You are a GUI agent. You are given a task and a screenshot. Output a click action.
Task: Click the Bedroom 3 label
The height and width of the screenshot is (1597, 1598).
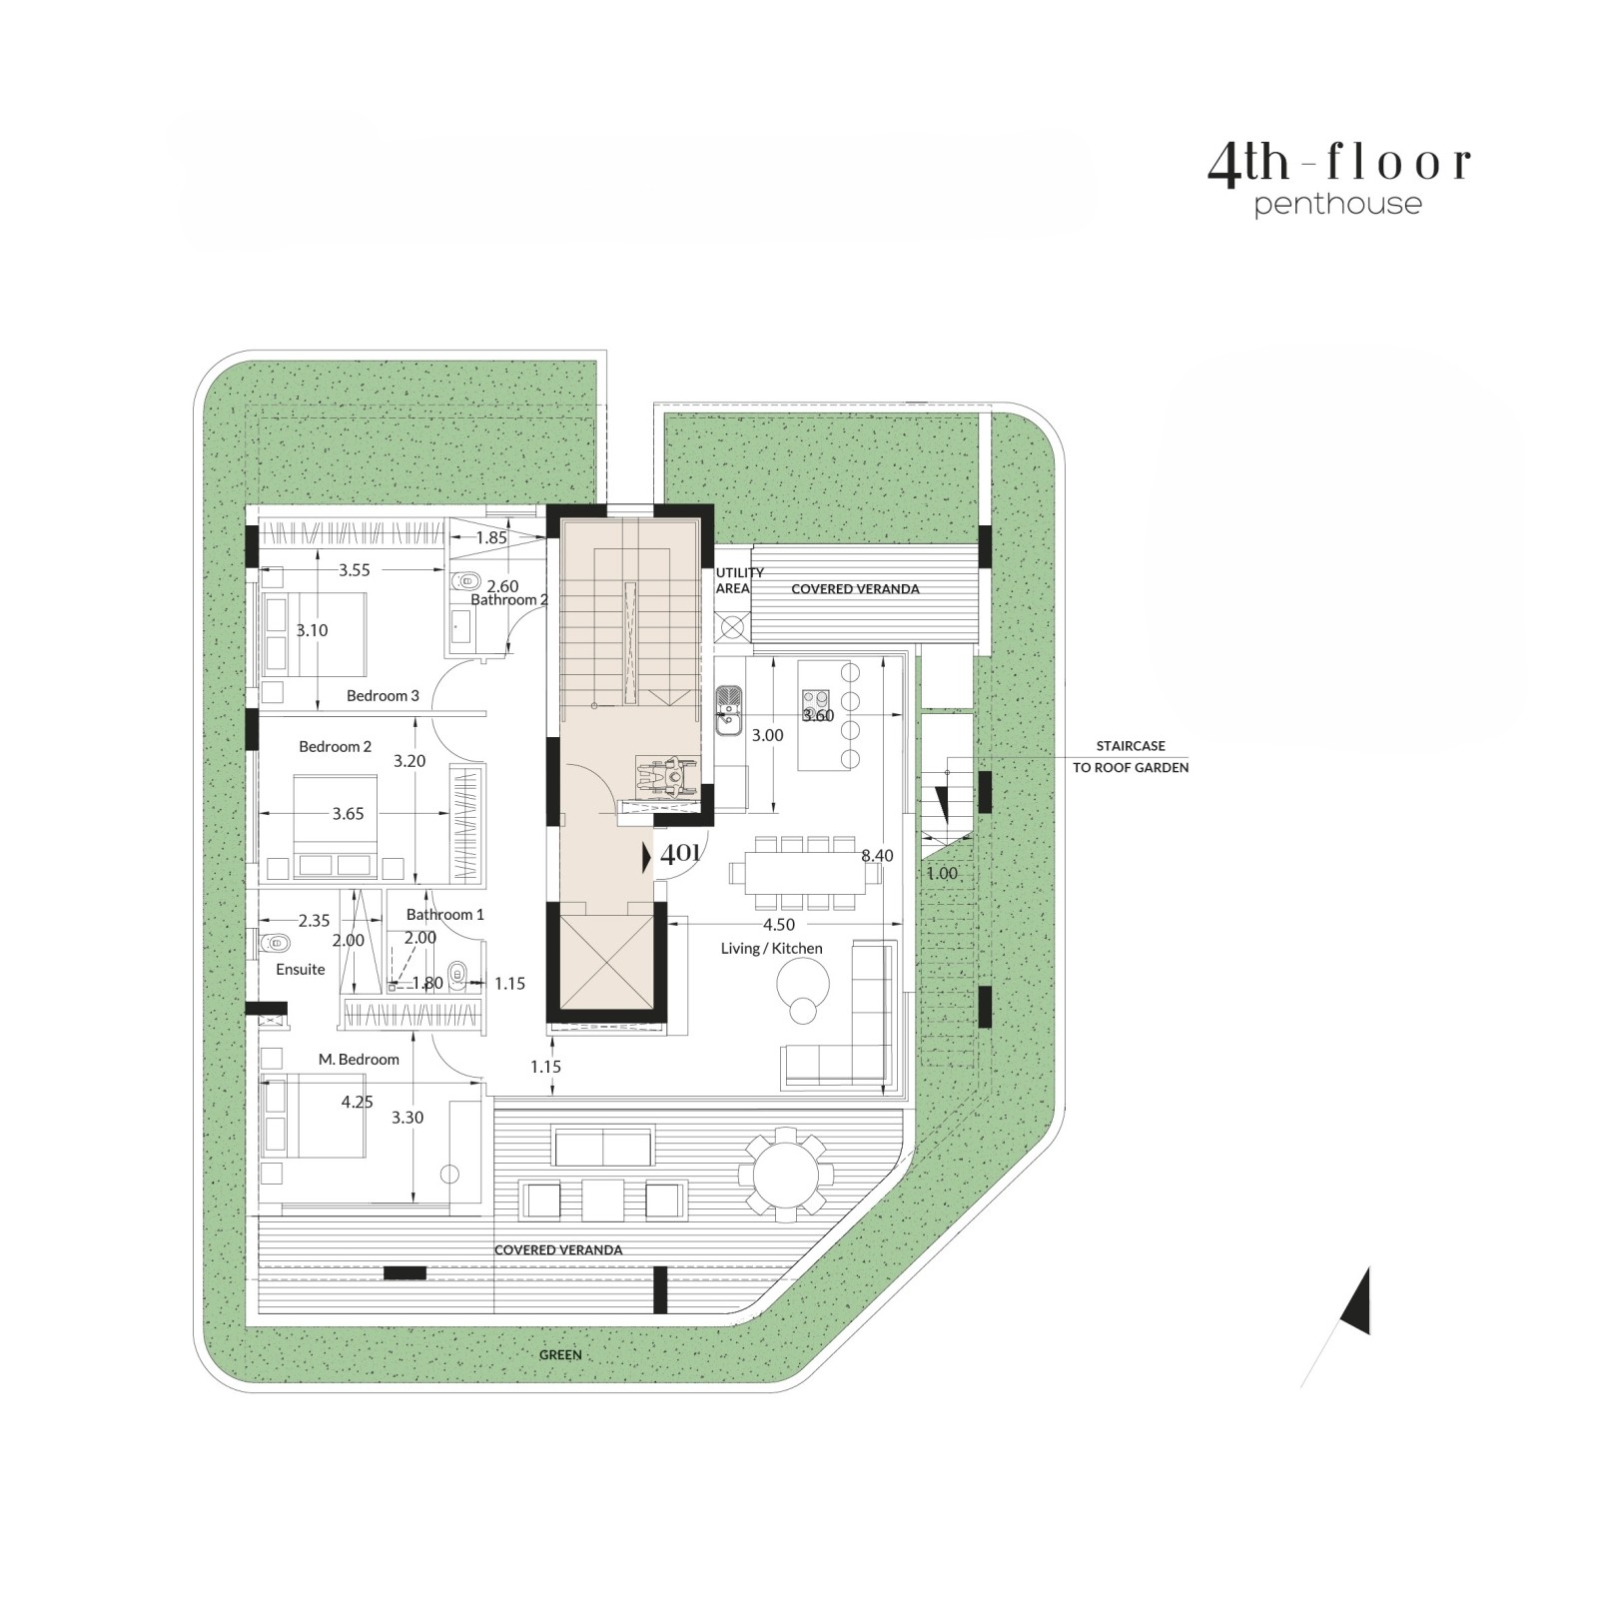point(383,695)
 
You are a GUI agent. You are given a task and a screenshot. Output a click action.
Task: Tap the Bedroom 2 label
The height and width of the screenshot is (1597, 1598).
point(335,746)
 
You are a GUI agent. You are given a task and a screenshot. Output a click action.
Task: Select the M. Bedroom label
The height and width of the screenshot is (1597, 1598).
point(359,1059)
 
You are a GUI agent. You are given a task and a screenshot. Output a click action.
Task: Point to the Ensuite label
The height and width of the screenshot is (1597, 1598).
point(301,969)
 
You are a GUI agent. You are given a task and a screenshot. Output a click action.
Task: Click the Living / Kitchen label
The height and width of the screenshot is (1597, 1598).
point(772,948)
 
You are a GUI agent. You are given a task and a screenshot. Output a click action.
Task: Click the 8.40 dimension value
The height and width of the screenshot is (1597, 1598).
point(877,855)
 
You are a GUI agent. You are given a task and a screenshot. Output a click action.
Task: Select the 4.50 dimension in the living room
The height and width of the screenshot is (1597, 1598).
point(779,925)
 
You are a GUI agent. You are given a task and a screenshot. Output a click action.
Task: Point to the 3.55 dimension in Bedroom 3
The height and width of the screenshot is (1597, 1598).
point(355,570)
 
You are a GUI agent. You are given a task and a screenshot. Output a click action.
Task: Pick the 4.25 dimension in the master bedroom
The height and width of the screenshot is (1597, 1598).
point(358,1102)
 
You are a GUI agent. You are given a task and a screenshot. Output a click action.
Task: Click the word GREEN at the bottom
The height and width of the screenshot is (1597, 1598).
point(560,1355)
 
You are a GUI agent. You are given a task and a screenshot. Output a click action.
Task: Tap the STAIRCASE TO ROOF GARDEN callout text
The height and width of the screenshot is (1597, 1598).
point(1131,757)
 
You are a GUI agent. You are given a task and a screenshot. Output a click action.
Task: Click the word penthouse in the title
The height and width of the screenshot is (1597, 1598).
point(1337,205)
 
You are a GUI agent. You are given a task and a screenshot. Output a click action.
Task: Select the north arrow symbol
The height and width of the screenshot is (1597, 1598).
point(1354,1300)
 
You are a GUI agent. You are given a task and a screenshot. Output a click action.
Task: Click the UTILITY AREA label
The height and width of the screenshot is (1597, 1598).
point(739,580)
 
